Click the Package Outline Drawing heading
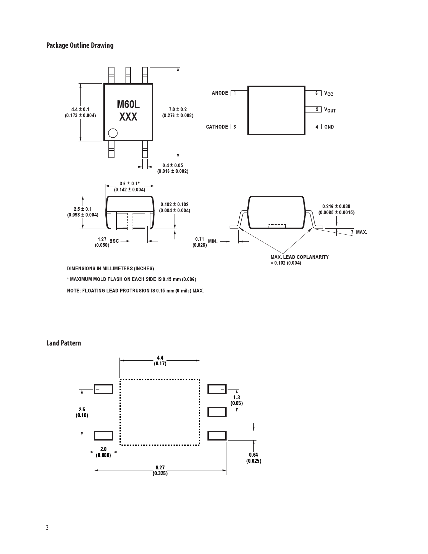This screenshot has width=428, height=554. [80, 45]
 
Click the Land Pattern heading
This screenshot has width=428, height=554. [63, 343]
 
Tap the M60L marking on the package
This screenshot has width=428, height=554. [128, 104]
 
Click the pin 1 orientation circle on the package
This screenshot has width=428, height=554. [113, 133]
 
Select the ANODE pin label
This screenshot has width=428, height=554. [220, 93]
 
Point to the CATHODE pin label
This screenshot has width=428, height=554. [217, 127]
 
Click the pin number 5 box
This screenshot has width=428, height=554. [311, 110]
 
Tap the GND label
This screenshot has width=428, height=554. [329, 127]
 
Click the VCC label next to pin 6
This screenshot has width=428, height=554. [328, 93]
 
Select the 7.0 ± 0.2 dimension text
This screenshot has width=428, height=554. [178, 109]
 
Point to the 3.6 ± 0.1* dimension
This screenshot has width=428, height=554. [129, 184]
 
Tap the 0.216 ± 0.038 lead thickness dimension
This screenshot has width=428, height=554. [336, 206]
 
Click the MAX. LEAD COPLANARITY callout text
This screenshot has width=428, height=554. [299, 257]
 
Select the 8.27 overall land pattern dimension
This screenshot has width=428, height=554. [160, 467]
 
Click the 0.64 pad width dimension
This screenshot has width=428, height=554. [253, 455]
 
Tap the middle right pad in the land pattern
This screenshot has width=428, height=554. [217, 412]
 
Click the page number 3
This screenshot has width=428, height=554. [47, 527]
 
